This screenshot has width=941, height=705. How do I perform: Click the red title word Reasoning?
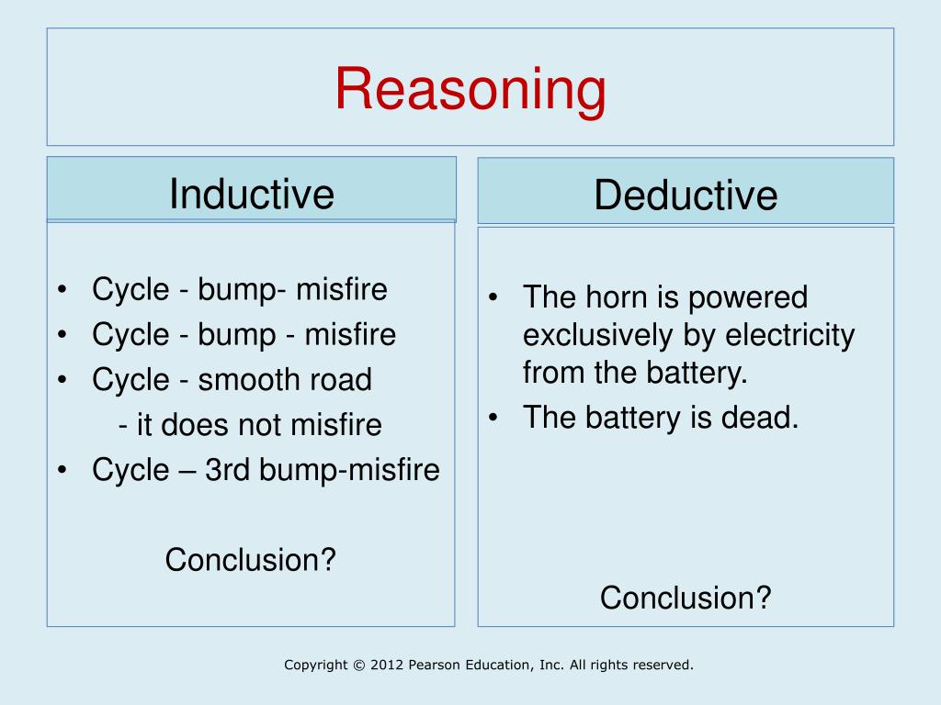click(x=470, y=90)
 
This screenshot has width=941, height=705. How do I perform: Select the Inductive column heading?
click(x=251, y=194)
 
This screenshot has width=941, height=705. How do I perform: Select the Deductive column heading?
click(x=686, y=196)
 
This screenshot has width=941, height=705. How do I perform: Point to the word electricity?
click(x=790, y=335)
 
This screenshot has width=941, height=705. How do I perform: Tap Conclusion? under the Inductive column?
click(x=251, y=559)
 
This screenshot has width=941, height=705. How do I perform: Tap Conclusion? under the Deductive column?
click(x=686, y=598)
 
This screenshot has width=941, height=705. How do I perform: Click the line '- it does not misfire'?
click(x=250, y=425)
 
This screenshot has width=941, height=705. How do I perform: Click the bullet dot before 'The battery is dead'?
click(x=494, y=419)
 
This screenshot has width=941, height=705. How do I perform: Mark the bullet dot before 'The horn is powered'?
click(x=494, y=298)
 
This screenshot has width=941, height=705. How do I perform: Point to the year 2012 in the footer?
click(x=386, y=665)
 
